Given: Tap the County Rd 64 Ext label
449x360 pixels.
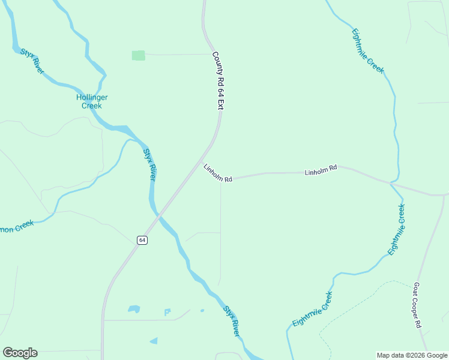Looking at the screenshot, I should pyautogui.click(x=217, y=80).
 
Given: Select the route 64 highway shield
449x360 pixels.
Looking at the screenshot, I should pyautogui.click(x=142, y=240).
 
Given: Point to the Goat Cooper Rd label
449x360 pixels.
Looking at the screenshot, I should pyautogui.click(x=417, y=306).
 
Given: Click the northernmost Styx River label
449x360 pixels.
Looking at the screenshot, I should pyautogui.click(x=32, y=61).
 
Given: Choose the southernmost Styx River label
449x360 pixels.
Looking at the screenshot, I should pyautogui.click(x=232, y=320).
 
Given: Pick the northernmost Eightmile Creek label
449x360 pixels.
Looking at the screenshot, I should pyautogui.click(x=367, y=50).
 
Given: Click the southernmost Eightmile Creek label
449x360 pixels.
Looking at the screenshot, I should pyautogui.click(x=312, y=310).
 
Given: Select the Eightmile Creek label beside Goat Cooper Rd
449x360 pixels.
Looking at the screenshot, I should pyautogui.click(x=397, y=230).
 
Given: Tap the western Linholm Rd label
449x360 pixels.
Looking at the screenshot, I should pyautogui.click(x=217, y=173).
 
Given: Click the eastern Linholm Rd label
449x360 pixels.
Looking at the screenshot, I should pyautogui.click(x=321, y=170).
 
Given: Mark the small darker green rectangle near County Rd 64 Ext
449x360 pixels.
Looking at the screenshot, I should pyautogui.click(x=138, y=55).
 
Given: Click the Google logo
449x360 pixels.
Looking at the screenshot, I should pyautogui.click(x=20, y=353).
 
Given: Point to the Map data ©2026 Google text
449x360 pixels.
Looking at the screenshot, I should pyautogui.click(x=412, y=355).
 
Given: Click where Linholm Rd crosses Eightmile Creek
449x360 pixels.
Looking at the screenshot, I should pyautogui.click(x=391, y=182).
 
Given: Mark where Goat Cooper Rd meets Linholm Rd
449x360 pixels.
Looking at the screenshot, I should pyautogui.click(x=444, y=195).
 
